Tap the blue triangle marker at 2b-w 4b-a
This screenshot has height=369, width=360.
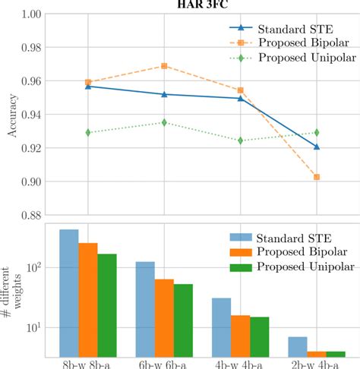tap(317, 147)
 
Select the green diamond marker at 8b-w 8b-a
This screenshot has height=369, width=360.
tap(88, 132)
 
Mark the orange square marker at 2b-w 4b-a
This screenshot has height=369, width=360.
tap(317, 177)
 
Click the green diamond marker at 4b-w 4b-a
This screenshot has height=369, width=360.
tap(241, 140)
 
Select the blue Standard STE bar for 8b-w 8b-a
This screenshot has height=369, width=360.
tap(69, 293)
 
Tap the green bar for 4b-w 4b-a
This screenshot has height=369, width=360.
tap(260, 337)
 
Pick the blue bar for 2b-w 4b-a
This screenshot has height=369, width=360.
tap(298, 347)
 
